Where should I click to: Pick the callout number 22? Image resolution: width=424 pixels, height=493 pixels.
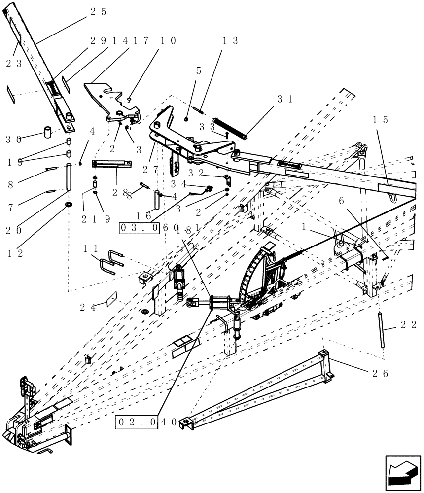coord(409,325)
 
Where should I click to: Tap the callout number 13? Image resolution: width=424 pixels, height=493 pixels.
coord(230,41)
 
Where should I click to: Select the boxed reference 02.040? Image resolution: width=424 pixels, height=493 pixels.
coord(137,422)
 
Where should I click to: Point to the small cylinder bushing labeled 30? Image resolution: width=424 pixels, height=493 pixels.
coord(48,133)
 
